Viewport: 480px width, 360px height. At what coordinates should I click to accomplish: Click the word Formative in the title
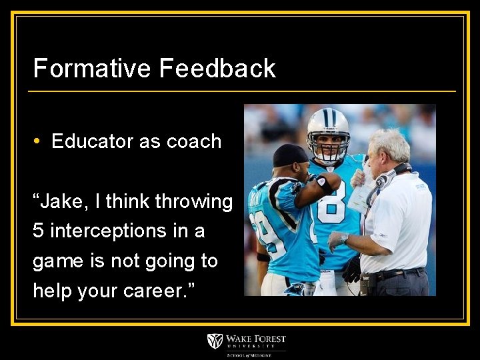(92, 69)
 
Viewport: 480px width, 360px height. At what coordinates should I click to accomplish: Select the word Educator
(92, 141)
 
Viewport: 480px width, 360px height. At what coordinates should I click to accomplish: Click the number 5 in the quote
(38, 231)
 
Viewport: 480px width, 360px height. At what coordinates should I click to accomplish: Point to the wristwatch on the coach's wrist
(343, 237)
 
